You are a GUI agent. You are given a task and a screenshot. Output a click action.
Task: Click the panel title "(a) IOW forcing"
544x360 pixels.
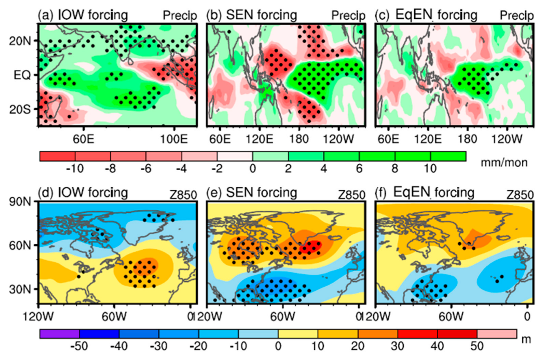(83, 15)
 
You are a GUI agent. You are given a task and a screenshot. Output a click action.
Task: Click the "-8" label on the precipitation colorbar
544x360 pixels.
(110, 168)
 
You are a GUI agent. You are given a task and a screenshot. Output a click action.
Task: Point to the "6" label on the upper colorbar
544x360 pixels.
(359, 168)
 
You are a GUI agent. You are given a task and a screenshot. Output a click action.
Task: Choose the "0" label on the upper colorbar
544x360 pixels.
(253, 168)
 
